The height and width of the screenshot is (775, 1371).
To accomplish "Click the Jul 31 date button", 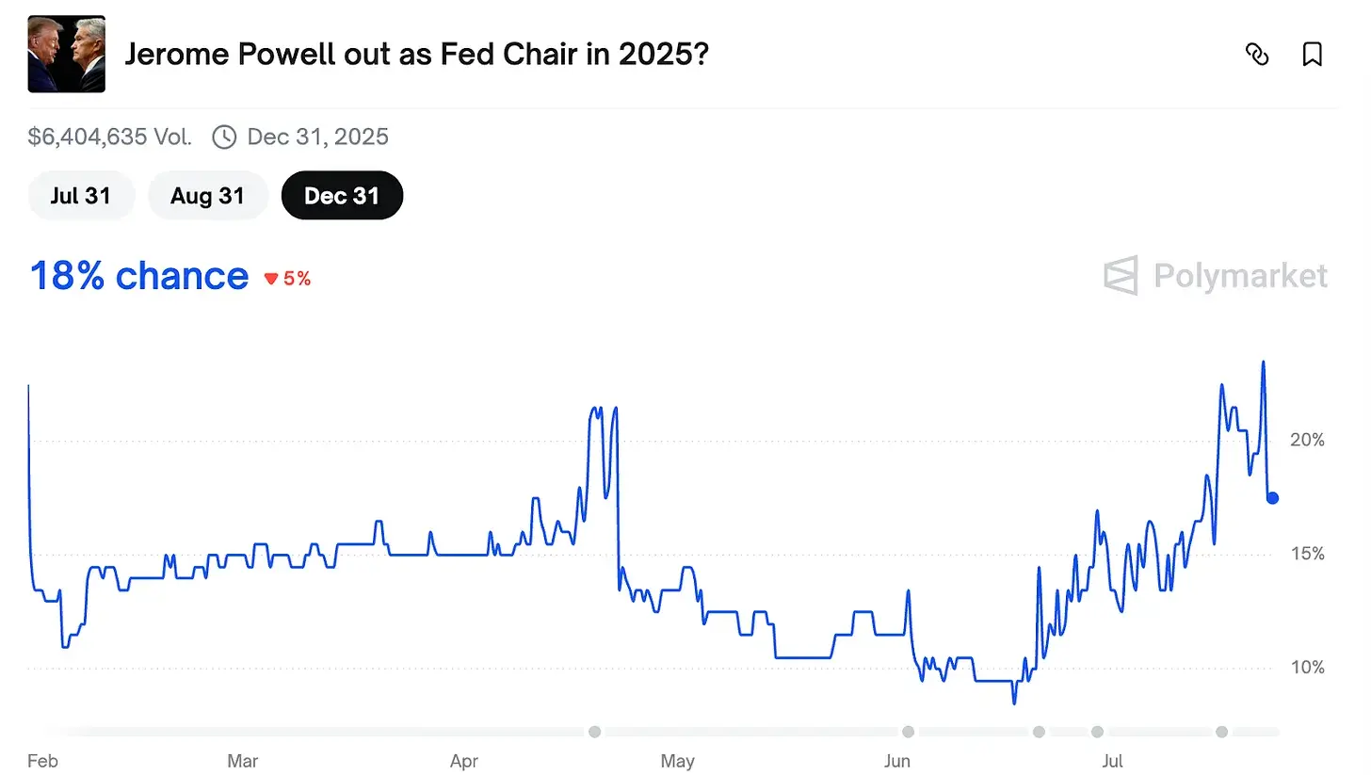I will click(x=81, y=196).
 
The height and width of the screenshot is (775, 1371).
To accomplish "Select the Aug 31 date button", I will click(x=207, y=196).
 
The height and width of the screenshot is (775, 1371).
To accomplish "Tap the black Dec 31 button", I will click(x=342, y=196).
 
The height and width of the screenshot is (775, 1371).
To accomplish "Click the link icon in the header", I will click(x=1256, y=55).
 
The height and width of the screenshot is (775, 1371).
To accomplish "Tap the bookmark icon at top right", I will click(x=1312, y=55).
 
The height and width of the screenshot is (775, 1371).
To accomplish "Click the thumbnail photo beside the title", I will click(x=67, y=55).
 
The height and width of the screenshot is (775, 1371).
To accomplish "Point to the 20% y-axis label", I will click(x=1306, y=440).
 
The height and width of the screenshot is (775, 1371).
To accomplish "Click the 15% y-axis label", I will click(x=1306, y=554).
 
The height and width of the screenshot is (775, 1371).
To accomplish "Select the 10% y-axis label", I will click(x=1306, y=668).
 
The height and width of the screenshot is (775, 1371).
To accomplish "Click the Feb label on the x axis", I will click(x=42, y=761).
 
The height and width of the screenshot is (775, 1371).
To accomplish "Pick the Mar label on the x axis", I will click(x=243, y=761).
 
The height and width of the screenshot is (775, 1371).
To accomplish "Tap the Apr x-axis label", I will click(x=463, y=761).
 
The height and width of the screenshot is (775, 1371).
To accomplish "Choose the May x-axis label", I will click(x=677, y=761).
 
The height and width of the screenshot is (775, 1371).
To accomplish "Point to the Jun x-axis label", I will click(x=897, y=761).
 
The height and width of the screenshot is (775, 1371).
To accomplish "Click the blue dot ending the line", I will click(x=1272, y=498).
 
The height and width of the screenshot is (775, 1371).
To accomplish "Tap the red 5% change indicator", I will click(x=288, y=279).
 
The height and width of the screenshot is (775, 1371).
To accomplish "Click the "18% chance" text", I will click(x=139, y=276).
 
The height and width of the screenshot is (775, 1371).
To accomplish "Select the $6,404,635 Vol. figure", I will click(x=110, y=137).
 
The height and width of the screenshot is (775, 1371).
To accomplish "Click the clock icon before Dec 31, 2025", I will click(x=224, y=137).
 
